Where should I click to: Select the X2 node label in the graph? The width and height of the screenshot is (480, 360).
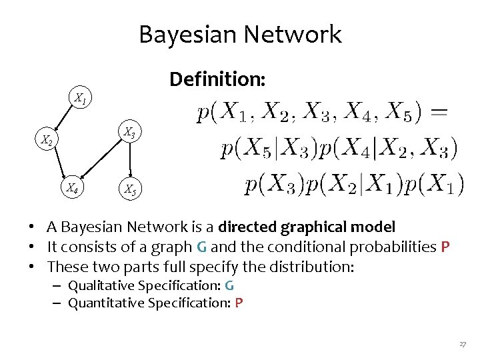(46, 141)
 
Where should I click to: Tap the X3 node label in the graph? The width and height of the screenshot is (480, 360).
(129, 133)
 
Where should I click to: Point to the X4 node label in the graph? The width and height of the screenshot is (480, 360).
(71, 189)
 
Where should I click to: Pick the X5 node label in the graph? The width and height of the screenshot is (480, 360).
(129, 190)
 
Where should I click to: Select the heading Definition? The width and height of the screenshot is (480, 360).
(217, 79)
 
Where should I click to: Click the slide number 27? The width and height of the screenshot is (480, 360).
(462, 344)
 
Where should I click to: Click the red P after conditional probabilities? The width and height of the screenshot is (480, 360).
(445, 247)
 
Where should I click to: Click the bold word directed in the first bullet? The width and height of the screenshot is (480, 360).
(248, 227)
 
